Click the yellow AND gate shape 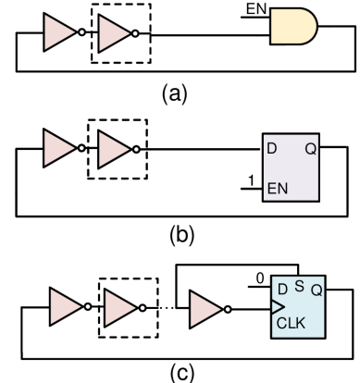292,27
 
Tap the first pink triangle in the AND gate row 56,33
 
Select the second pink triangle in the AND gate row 112,33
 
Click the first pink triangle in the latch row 56,149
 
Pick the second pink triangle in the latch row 112,149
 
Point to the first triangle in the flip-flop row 63,307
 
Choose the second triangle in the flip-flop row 118,307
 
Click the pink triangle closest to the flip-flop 204,309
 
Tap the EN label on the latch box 277,189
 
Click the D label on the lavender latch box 272,148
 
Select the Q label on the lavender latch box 310,148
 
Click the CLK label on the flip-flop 291,324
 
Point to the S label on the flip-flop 299,286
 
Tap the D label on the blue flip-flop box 282,290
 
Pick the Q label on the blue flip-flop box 317,290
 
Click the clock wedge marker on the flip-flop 277,306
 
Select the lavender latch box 291,168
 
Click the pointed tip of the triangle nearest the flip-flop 220,309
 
